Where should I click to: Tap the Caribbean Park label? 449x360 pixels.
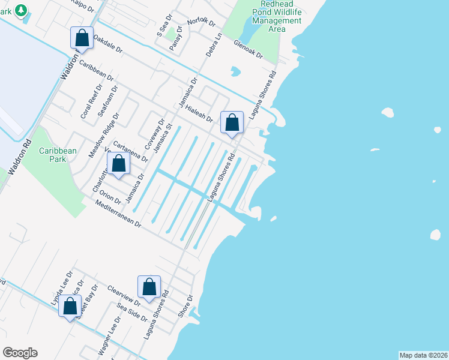(58, 155)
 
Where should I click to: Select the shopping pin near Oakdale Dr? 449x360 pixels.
(82, 38)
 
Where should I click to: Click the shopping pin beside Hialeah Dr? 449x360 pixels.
(232, 123)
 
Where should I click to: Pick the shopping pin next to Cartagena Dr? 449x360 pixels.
(118, 164)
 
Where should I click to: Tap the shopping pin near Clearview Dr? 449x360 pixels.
(149, 287)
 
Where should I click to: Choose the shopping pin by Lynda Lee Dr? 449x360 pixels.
(70, 306)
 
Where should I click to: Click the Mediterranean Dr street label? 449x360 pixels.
(118, 214)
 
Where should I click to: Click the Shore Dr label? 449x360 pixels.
(184, 306)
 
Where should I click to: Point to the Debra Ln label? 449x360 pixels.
(214, 45)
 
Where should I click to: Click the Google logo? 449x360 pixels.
(19, 353)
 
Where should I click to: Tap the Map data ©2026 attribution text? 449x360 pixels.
(423, 355)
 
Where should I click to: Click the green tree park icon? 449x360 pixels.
(21, 10)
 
